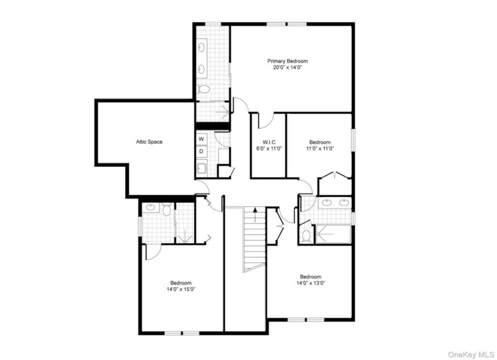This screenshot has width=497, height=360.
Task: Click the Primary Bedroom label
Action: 287,61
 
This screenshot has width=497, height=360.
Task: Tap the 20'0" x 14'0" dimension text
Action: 287,67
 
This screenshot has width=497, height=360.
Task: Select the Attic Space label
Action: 149,142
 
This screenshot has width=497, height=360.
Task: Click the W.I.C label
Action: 269,142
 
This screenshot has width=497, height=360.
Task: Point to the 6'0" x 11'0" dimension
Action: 269,148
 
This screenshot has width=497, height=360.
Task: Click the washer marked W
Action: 201,139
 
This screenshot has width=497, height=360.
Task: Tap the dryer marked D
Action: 201,151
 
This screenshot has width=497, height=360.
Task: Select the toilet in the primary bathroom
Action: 203,89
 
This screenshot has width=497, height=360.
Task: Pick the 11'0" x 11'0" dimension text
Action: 320,148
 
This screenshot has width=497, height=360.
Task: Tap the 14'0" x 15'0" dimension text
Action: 181,289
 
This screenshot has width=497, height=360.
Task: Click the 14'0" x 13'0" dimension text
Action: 311,283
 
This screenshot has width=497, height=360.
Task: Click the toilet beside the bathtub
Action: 306,236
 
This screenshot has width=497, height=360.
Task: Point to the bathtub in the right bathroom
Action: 333,234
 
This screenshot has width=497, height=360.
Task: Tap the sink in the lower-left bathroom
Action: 150,207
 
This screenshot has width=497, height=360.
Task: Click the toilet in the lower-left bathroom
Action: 166,209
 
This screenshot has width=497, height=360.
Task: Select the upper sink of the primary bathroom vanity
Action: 201,48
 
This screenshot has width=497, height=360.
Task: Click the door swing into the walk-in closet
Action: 266,121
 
